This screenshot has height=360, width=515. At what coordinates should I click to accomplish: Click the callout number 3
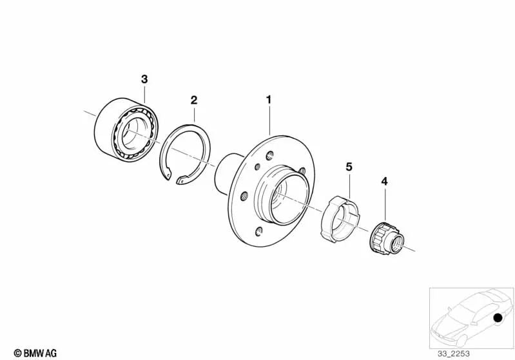tap(144, 79)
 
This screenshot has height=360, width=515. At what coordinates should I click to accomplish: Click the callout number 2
tap(194, 100)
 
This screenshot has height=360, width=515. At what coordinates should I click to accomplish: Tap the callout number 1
tap(269, 100)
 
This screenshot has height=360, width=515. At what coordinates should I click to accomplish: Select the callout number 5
tap(349, 167)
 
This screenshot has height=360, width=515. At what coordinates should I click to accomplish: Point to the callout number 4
tap(384, 181)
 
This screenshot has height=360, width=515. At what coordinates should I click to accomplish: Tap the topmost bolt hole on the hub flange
tap(269, 155)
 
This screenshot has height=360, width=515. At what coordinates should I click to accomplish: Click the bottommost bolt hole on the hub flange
tap(259, 232)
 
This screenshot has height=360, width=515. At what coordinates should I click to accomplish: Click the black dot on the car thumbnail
tap(498, 317)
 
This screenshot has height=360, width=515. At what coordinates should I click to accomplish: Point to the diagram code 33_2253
tap(453, 354)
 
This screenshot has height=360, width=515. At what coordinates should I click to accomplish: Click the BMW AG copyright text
tap(35, 353)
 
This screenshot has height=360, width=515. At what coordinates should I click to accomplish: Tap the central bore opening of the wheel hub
tap(289, 200)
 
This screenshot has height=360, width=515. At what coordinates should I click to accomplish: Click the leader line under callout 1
tap(269, 120)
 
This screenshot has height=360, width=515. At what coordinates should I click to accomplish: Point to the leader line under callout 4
tap(385, 204)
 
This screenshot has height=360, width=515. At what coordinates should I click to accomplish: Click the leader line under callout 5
tap(349, 185)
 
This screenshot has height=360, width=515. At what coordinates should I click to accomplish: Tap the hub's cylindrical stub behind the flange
tap(228, 173)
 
